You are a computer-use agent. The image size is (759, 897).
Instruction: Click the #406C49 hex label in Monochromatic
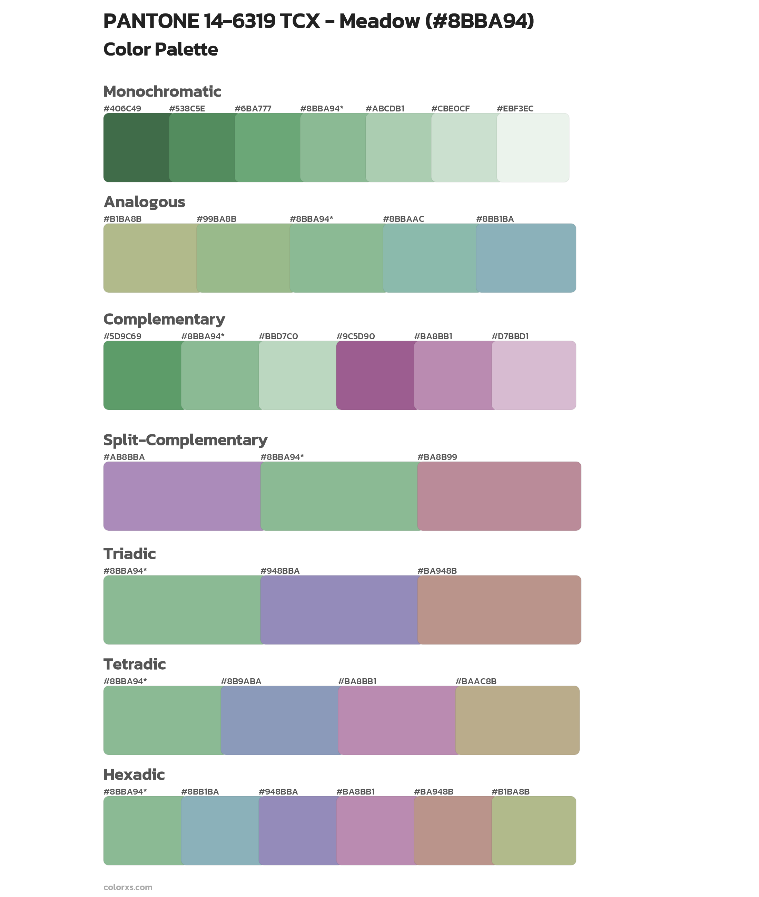122,108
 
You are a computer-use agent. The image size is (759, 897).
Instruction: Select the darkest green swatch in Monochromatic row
136,148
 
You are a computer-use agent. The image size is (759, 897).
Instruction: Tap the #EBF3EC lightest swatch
533,148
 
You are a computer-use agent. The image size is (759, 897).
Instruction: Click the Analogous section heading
144,202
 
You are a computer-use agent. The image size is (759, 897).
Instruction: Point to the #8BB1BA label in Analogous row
495,219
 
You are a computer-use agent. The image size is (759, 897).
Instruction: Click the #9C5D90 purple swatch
375,375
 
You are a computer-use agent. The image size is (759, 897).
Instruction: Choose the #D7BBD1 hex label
510,336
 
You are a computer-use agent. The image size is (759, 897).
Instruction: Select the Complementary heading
164,319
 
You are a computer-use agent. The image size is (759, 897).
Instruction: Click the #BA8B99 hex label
437,457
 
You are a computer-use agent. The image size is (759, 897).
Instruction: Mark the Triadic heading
129,554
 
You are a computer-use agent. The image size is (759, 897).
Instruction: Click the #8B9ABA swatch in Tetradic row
280,720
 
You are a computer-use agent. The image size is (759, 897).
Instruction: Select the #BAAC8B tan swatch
517,720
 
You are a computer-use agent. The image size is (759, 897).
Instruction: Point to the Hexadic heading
134,775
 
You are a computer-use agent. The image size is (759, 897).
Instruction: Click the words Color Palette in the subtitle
160,49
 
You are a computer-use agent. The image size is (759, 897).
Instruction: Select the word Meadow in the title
379,21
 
